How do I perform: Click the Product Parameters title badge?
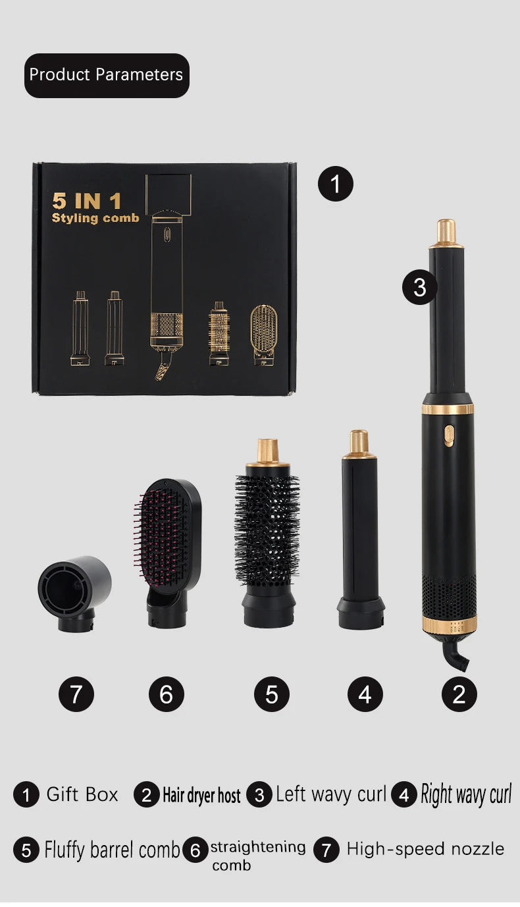pyautogui.click(x=107, y=75)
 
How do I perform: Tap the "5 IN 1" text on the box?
pyautogui.click(x=86, y=200)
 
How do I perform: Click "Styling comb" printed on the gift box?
pyautogui.click(x=95, y=218)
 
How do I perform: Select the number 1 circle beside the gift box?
pyautogui.click(x=336, y=183)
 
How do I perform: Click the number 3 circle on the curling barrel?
pyautogui.click(x=420, y=287)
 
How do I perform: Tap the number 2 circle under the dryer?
pyautogui.click(x=459, y=694)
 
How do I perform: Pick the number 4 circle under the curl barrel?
pyautogui.click(x=365, y=694)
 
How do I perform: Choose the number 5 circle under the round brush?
pyautogui.click(x=272, y=694)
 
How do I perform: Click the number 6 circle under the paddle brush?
pyautogui.click(x=166, y=694)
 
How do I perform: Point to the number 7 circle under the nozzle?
pyautogui.click(x=76, y=694)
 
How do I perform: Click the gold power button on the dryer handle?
pyautogui.click(x=449, y=435)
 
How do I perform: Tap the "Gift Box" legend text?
pyautogui.click(x=82, y=794)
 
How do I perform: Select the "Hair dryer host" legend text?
pyautogui.click(x=201, y=796)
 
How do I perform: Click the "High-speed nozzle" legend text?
pyautogui.click(x=425, y=849)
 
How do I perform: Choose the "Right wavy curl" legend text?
pyautogui.click(x=466, y=794)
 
